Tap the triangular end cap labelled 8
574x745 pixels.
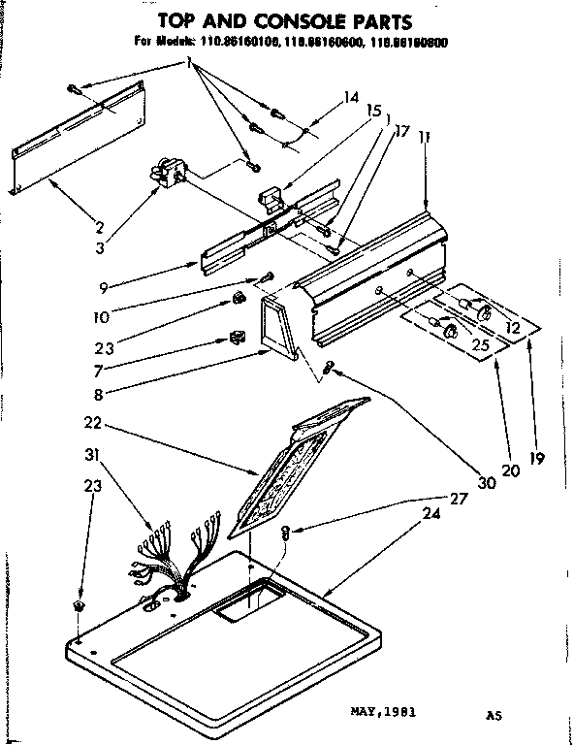click(x=278, y=326)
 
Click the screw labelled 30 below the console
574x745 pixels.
click(x=331, y=367)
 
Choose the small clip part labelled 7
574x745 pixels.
click(x=234, y=337)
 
